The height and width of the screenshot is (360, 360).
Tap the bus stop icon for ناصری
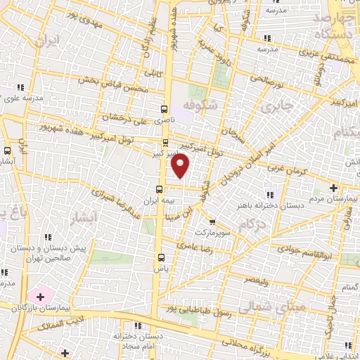(x=164, y=109)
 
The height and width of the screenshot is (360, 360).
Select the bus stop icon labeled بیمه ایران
(x=160, y=188)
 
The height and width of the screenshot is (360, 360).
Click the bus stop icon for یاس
(x=161, y=257)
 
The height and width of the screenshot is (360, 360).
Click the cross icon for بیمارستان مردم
(x=334, y=188)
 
